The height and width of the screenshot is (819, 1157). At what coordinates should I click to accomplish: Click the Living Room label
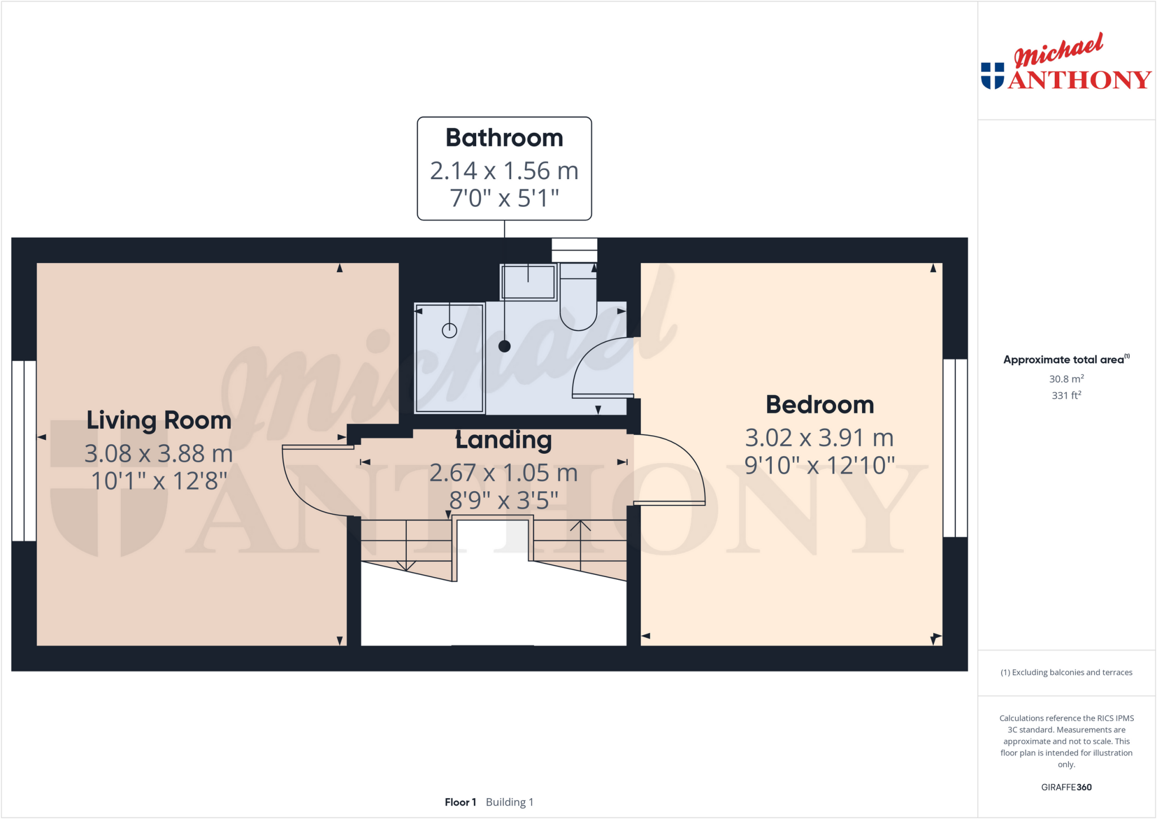tap(159, 421)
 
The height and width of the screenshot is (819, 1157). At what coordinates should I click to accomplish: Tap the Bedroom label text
tap(820, 405)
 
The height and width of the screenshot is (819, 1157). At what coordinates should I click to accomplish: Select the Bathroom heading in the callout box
tap(504, 138)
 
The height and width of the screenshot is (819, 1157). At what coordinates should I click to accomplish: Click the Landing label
tap(504, 440)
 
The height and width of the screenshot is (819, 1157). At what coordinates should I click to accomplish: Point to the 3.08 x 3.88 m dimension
tap(159, 453)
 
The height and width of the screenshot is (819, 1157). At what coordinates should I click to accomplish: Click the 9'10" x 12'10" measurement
tap(820, 466)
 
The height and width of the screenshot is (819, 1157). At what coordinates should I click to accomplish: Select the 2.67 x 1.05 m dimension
tap(504, 473)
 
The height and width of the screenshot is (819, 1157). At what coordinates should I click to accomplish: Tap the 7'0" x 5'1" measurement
tap(504, 198)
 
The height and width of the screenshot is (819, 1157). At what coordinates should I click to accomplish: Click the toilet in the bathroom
tap(578, 302)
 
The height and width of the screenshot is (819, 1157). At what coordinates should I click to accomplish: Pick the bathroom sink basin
tap(528, 282)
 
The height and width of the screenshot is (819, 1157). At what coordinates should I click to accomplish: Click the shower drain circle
tap(449, 331)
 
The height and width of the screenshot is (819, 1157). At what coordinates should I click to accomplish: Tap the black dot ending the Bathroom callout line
tap(504, 346)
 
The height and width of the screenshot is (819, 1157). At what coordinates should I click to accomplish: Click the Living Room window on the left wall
tap(24, 450)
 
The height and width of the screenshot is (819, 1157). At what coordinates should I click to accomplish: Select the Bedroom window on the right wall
tap(955, 448)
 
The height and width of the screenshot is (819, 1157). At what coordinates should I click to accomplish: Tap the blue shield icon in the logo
tap(993, 76)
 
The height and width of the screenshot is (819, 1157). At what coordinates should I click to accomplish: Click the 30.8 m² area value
tap(1066, 379)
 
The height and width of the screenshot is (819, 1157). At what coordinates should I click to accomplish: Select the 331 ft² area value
tap(1066, 395)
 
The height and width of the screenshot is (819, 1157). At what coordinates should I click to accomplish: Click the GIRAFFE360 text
tap(1066, 787)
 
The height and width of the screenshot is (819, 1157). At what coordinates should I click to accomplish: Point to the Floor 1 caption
tap(460, 802)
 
